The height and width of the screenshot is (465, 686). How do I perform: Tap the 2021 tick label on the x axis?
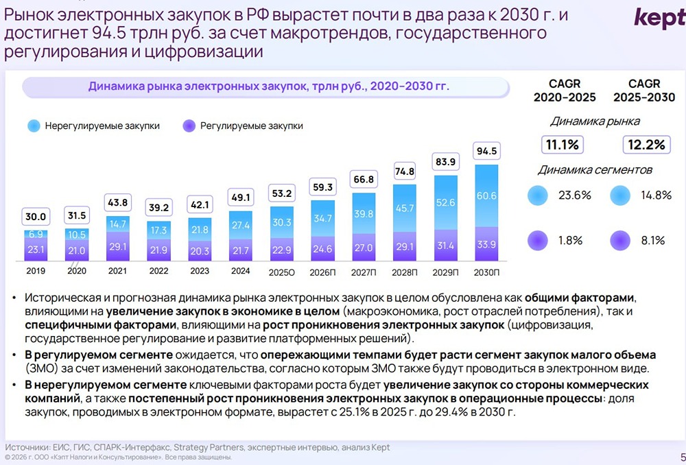[117, 270]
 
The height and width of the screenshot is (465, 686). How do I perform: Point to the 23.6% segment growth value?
[574, 195]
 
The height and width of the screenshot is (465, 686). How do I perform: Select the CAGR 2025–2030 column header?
[644, 91]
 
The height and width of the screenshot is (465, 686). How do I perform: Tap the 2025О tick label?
[281, 272]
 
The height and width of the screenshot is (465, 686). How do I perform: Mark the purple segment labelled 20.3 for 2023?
[199, 250]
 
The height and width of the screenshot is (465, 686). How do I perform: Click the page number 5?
[681, 455]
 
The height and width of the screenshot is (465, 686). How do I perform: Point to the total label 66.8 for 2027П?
[363, 180]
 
